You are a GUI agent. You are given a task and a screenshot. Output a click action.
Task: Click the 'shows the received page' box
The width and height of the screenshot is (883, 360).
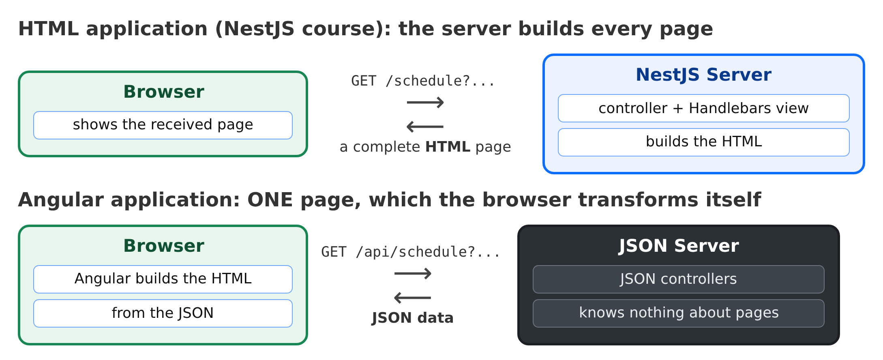point(163,125)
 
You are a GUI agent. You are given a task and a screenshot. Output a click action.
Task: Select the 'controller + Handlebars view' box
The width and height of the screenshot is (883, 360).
point(703,108)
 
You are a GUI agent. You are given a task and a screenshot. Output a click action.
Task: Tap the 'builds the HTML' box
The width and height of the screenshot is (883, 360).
point(703,142)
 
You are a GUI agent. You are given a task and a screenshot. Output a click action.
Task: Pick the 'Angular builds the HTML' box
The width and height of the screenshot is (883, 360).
point(163,279)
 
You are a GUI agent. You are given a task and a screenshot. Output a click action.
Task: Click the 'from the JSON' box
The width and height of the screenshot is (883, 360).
point(163,313)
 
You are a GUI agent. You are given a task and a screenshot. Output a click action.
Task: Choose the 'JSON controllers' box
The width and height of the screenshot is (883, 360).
point(678,279)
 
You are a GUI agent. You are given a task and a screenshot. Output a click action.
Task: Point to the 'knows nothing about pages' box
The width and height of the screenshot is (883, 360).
point(678,313)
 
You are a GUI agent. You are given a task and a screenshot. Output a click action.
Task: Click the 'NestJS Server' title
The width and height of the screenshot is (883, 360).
point(703,75)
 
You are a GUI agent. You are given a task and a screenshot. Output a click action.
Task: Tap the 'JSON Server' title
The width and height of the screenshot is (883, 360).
point(678,246)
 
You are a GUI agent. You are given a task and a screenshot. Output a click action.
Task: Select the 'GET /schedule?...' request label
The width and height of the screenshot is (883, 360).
point(423,81)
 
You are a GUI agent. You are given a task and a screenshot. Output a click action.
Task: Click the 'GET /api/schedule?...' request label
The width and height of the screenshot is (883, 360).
point(411,252)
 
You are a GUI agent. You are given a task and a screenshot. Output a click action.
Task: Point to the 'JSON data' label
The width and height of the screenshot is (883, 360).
point(412,318)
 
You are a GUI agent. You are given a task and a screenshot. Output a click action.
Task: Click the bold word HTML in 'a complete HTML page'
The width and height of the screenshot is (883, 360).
point(448,147)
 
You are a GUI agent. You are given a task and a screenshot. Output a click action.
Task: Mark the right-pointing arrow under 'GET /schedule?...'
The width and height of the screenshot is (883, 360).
point(425,102)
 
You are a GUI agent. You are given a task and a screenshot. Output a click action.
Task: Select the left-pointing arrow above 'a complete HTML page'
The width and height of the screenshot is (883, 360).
point(425,127)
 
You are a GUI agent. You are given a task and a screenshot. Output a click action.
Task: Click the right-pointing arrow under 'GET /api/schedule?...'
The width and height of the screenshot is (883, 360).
point(413,273)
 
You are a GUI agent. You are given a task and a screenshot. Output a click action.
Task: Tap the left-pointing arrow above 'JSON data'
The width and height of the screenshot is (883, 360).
point(412,298)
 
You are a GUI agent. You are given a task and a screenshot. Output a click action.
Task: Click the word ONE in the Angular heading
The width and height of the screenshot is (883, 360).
point(270,200)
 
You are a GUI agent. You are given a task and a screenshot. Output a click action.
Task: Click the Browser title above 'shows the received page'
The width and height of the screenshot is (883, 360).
point(164,92)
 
